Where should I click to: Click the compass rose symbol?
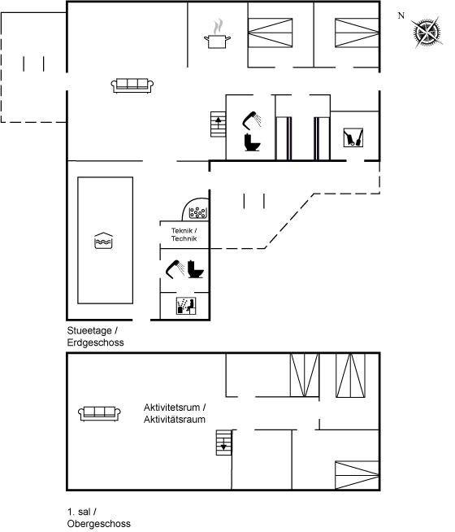[x=427, y=33]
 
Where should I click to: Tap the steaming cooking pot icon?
[x=218, y=34]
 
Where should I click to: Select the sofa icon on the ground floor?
[x=132, y=85]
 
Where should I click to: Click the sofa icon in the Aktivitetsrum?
[x=99, y=413]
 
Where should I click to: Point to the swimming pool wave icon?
[x=103, y=241]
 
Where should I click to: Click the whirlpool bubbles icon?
[x=197, y=213]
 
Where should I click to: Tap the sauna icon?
[x=186, y=306]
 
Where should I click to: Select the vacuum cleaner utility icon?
[x=353, y=137]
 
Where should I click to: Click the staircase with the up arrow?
[x=219, y=124]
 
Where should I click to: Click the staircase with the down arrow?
[x=224, y=443]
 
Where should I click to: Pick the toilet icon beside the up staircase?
[x=253, y=142]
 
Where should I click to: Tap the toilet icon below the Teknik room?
[x=196, y=269]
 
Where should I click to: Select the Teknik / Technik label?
[x=184, y=234]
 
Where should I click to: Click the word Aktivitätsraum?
[x=175, y=420]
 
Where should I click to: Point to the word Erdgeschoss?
[x=96, y=342]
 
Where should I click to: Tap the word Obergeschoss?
[x=99, y=524]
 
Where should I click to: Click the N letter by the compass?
[x=401, y=15]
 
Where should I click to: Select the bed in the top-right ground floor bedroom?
[x=357, y=33]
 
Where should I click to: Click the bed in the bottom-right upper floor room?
[x=357, y=475]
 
